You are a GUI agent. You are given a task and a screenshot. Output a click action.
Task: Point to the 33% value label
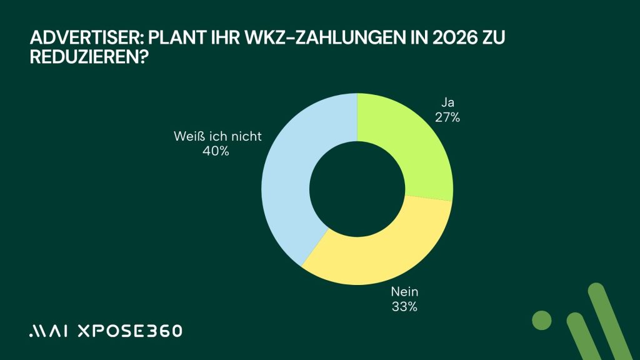coord(404,306)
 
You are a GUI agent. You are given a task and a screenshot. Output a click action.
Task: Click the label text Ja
coord(447,102)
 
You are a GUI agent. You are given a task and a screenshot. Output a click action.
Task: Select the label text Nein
coord(404,291)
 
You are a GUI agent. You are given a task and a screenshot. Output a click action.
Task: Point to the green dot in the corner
coord(542,319)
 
